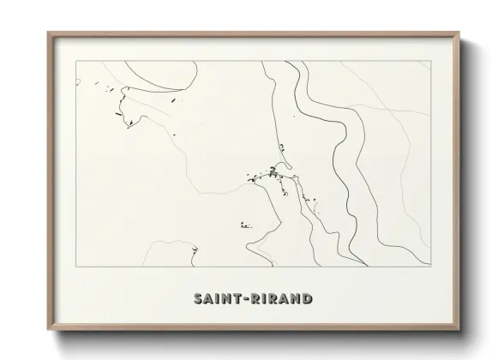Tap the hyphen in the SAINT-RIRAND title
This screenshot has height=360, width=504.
point(249,299)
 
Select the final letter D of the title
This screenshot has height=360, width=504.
point(307,299)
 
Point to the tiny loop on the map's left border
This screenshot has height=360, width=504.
point(78,82)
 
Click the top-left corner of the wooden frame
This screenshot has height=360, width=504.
point(49,33)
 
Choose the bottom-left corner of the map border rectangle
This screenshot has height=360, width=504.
point(76,266)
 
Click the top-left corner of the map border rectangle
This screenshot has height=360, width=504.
point(76,62)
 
